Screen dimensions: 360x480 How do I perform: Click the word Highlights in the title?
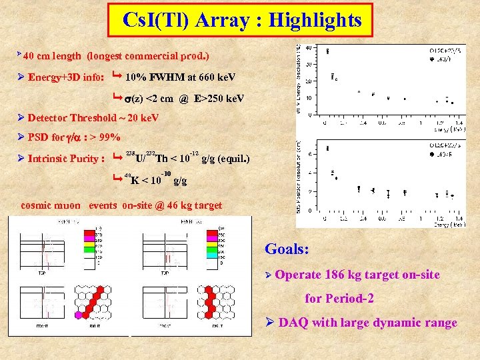pyautogui.click(x=315, y=20)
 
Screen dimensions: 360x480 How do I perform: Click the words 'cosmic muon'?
pyautogui.click(x=51, y=205)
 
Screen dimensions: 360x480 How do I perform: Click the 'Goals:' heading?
pyautogui.click(x=287, y=249)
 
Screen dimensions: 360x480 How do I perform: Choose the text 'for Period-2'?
pyautogui.click(x=339, y=299)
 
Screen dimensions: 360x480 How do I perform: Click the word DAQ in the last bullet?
pyautogui.click(x=294, y=323)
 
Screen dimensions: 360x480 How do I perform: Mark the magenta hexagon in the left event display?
pyautogui.click(x=78, y=315)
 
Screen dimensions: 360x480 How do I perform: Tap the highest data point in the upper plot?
pyautogui.click(x=327, y=51)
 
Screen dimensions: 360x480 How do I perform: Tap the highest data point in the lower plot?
pyautogui.click(x=327, y=148)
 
